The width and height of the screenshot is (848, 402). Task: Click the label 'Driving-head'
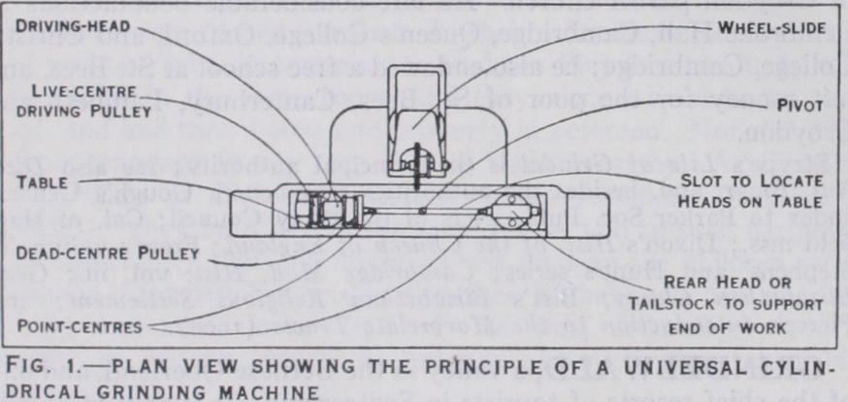73,23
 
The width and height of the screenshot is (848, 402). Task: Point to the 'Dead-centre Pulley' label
107,253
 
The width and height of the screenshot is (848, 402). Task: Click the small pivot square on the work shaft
424,209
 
